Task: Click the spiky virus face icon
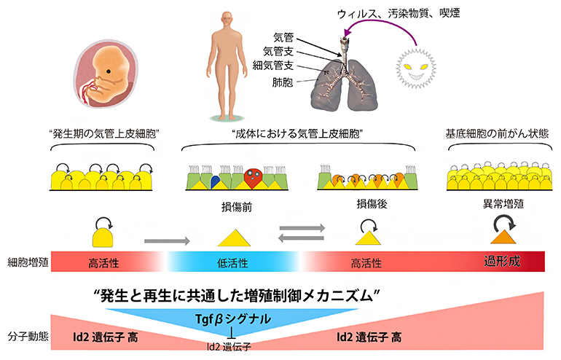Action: pos(421,69)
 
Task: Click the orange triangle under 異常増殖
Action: pos(502,237)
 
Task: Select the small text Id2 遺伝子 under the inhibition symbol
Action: pos(232,347)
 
